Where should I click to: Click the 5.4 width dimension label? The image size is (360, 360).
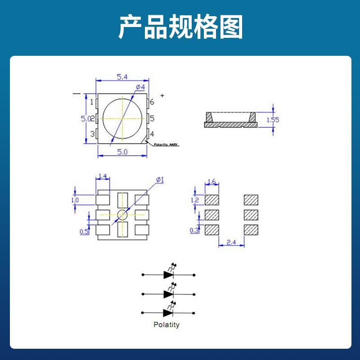tap(122, 77)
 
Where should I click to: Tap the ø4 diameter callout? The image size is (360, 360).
tap(139, 87)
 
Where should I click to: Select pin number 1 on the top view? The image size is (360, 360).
tap(92, 103)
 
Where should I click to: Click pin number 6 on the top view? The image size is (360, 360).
tap(152, 102)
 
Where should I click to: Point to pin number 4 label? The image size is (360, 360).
tap(152, 134)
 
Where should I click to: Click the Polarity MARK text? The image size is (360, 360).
tap(166, 144)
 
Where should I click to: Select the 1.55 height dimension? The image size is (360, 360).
tap(273, 120)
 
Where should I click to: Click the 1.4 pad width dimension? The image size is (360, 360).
tap(103, 177)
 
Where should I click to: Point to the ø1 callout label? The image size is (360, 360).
tap(160, 180)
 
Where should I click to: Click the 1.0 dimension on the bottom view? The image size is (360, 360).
tap(75, 199)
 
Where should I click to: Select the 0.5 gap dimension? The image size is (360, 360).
tap(84, 231)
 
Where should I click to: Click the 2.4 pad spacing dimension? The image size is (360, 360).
tap(231, 243)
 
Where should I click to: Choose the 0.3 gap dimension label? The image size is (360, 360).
tap(194, 230)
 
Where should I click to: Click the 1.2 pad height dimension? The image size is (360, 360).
tap(195, 200)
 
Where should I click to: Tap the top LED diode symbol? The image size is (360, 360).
tap(169, 274)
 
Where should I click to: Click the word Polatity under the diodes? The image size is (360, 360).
tap(166, 324)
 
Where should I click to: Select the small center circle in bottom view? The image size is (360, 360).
tap(122, 215)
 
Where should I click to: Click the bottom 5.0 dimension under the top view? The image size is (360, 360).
tap(122, 152)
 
